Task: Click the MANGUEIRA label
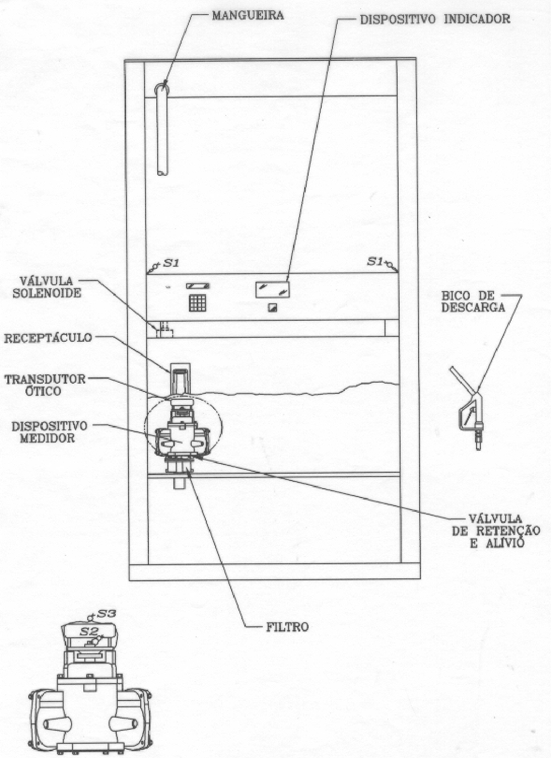click(x=248, y=16)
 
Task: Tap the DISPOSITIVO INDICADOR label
click(x=435, y=19)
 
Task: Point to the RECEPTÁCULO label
click(x=48, y=338)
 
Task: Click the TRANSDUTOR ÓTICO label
click(x=45, y=385)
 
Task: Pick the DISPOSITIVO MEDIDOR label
click(x=49, y=432)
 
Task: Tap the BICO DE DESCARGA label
click(x=472, y=301)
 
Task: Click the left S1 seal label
click(x=171, y=263)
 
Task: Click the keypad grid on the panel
click(x=197, y=302)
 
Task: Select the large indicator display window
click(x=272, y=289)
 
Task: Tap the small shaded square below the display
click(x=272, y=307)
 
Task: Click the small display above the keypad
click(x=198, y=286)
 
